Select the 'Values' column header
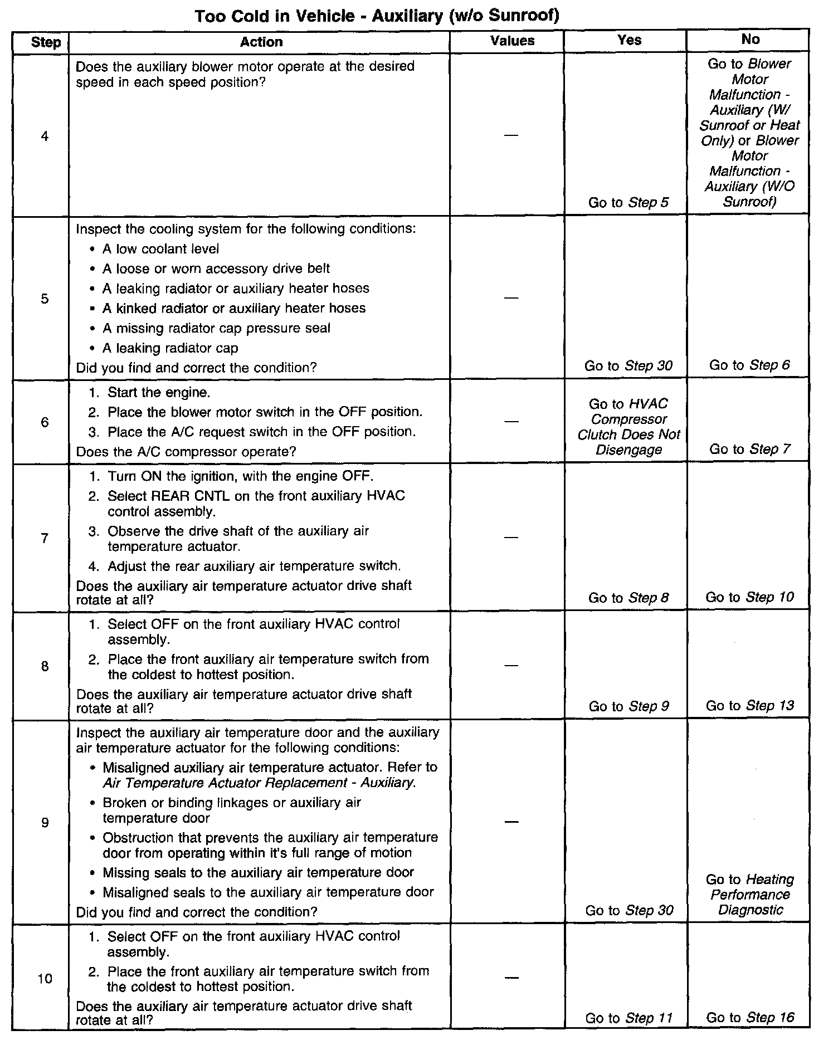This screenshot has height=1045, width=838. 512,41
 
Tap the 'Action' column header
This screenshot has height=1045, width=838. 261,42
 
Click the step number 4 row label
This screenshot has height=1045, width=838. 45,136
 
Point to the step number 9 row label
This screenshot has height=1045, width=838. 45,822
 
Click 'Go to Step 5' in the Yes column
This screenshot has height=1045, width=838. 628,203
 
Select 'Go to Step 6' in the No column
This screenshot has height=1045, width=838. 749,365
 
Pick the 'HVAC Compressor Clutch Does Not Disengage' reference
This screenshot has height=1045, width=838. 628,427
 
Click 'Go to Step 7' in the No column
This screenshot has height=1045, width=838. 749,449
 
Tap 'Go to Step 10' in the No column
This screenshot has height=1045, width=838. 749,597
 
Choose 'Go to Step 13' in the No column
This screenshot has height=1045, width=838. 749,706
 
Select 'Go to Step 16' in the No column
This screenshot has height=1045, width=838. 749,1017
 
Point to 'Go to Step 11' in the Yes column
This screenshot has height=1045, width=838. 628,1018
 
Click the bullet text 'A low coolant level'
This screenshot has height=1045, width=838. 160,249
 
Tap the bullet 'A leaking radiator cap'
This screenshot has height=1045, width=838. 170,348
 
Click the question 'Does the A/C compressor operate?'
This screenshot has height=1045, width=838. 186,451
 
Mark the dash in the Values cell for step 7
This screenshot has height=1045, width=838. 511,537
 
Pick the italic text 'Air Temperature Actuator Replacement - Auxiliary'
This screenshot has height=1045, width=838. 259,783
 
